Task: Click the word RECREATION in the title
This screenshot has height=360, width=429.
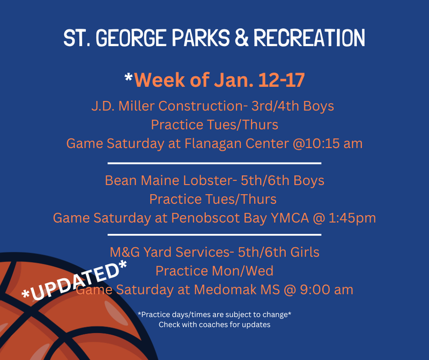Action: point(309,38)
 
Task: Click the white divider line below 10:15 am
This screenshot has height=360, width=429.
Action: point(214,163)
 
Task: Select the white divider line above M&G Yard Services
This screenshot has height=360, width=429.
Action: point(214,234)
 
